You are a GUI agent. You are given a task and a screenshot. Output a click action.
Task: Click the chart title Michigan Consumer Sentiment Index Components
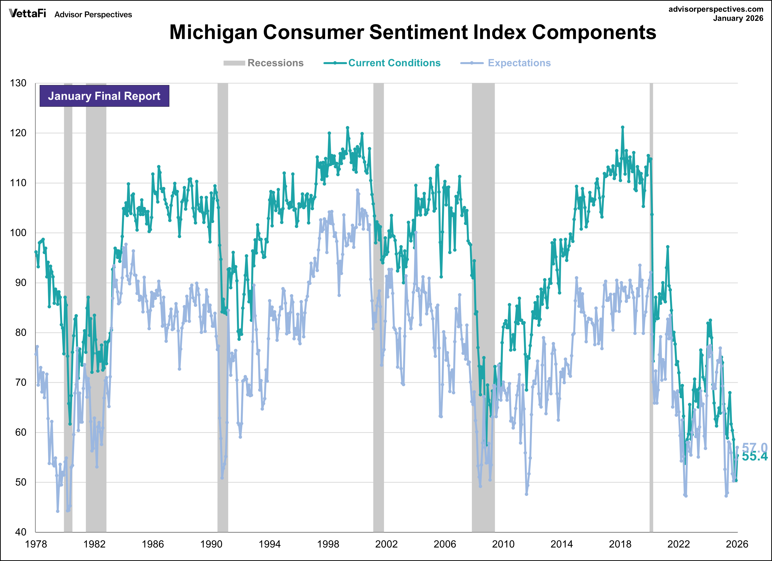pyautogui.click(x=413, y=32)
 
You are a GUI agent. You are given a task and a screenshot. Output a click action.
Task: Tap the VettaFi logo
pyautogui.click(x=27, y=14)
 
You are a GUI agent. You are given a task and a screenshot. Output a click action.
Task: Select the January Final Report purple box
pyautogui.click(x=104, y=96)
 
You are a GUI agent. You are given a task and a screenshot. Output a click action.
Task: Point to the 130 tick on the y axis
pyautogui.click(x=18, y=83)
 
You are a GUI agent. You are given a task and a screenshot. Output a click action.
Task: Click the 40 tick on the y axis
pyautogui.click(x=20, y=532)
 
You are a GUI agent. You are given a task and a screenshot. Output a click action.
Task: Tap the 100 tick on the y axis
pyautogui.click(x=18, y=233)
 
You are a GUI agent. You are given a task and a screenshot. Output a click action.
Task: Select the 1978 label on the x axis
pyautogui.click(x=36, y=544)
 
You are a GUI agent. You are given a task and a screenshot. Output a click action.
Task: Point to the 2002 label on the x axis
pyautogui.click(x=386, y=544)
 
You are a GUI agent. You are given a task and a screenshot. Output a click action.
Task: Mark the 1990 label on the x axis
pyautogui.click(x=211, y=544)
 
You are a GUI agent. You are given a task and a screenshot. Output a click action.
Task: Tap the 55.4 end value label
pyautogui.click(x=755, y=457)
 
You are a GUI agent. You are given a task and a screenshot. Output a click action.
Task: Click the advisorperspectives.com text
pyautogui.click(x=716, y=9)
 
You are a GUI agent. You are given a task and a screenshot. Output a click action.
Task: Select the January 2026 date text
pyautogui.click(x=738, y=18)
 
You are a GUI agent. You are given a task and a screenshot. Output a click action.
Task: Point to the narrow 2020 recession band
pyautogui.click(x=651, y=306)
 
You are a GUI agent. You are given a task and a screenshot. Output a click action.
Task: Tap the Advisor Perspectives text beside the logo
pyautogui.click(x=93, y=15)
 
